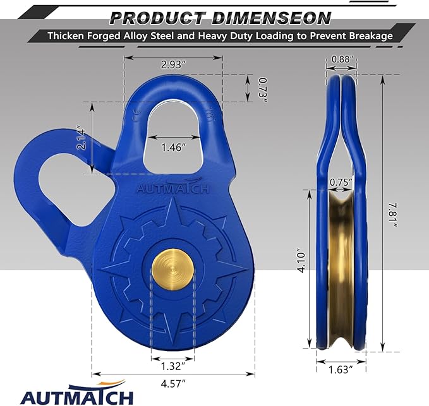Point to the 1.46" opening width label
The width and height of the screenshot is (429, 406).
pos(172,148)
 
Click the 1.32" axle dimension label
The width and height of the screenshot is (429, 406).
pos(172,366)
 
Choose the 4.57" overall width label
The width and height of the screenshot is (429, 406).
pos(172,383)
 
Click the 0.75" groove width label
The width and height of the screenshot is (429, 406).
pos(341,181)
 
